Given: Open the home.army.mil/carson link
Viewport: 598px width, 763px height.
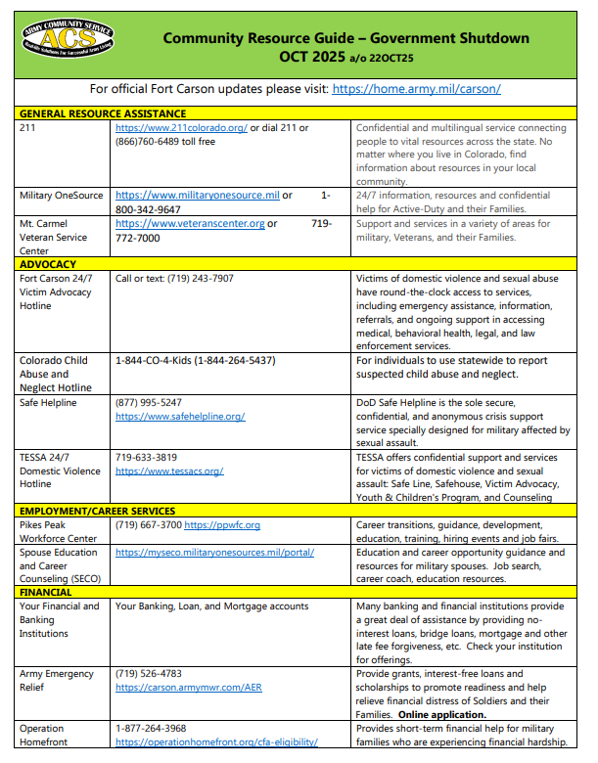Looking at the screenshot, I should (x=416, y=88).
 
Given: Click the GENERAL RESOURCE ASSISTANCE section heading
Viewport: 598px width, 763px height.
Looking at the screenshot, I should (x=102, y=113).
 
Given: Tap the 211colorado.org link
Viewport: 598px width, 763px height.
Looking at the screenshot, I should (x=181, y=128).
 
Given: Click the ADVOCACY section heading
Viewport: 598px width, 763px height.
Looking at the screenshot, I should (x=48, y=264).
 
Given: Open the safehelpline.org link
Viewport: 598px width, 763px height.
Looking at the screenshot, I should (x=180, y=416).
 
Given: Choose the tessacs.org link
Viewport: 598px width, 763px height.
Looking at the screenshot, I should (x=169, y=471).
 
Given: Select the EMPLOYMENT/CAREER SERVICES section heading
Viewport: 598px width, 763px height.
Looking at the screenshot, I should (x=97, y=511).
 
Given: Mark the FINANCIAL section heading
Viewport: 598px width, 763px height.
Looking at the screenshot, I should (x=47, y=593).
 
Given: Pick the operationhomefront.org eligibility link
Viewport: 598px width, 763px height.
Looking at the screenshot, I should (x=216, y=742).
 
